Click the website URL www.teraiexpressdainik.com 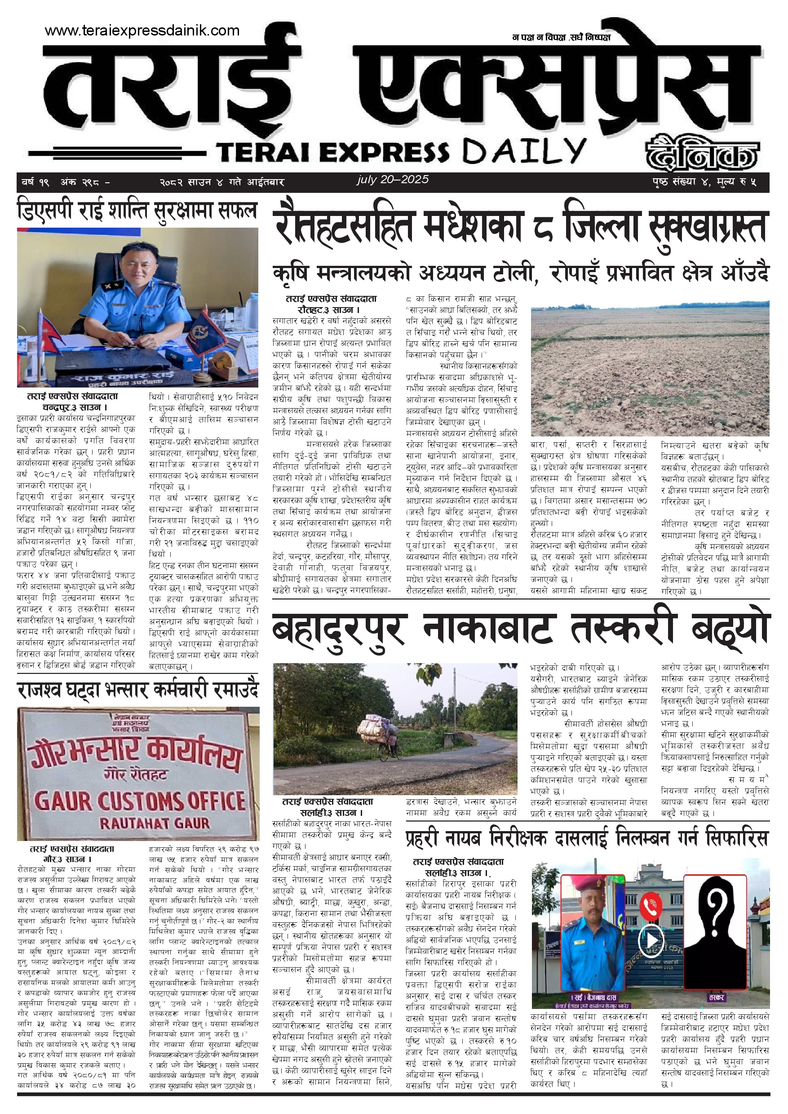142,31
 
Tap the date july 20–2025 392,180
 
